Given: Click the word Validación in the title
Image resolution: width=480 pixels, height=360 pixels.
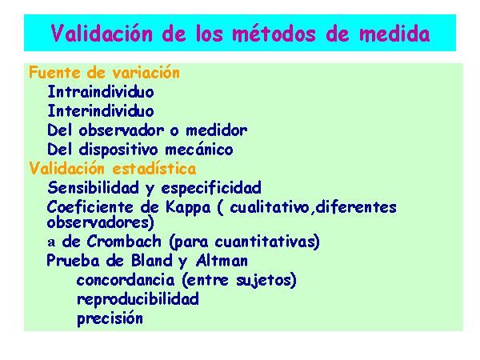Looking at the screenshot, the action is coord(102,33).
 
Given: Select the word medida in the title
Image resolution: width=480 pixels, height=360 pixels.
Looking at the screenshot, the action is coord(394,33).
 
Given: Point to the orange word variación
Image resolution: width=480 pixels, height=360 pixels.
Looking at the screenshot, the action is coord(146,73).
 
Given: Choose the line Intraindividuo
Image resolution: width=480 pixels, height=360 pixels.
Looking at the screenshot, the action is coord(101,91).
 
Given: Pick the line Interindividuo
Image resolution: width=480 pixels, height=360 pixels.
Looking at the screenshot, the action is coord(101,110).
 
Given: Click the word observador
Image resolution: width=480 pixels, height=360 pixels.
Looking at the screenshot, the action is coord(122,130).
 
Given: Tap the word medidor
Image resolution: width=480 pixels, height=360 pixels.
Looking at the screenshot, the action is coord(217,130).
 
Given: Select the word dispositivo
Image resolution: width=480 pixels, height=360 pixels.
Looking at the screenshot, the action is coord(118,150).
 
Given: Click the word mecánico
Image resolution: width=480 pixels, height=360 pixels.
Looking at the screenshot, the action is coord(199,150).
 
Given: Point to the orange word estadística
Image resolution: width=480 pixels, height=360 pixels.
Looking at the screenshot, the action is coord(154,168).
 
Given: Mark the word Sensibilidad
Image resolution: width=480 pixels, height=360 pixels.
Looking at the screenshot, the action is coord(94,187).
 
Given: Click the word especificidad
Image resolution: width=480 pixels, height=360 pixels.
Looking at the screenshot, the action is coord(211,188).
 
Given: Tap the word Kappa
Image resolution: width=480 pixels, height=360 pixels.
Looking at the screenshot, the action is coord(188,207).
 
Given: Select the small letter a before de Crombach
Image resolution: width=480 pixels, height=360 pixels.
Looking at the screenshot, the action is coord(51,242).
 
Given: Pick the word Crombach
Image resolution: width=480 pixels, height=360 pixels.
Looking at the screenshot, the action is coord(124,242).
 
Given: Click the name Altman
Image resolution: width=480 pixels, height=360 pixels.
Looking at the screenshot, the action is coord(222,261).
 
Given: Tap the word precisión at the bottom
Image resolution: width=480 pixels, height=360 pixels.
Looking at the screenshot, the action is coord(110,319).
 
